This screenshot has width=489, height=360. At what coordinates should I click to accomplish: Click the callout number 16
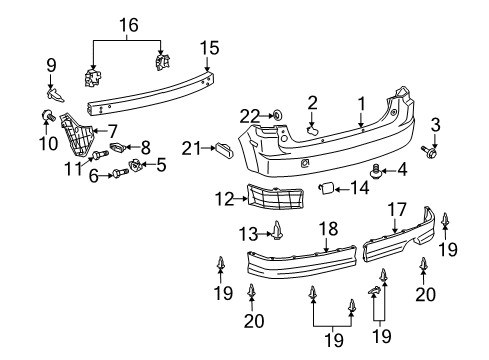[129, 25]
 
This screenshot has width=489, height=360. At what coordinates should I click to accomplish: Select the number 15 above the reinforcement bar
[209, 48]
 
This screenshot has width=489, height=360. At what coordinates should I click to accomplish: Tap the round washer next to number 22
[277, 115]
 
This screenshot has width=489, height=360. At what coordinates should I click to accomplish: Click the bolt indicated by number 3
[429, 152]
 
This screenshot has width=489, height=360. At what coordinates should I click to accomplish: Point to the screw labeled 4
[376, 171]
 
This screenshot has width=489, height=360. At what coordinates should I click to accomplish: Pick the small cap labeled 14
[327, 188]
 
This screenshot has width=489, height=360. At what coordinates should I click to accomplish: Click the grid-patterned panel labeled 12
[275, 197]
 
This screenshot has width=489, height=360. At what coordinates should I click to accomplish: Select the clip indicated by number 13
[277, 230]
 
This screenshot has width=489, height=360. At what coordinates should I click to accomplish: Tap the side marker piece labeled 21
[225, 149]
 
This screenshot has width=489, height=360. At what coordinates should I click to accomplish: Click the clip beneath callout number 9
[55, 95]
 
